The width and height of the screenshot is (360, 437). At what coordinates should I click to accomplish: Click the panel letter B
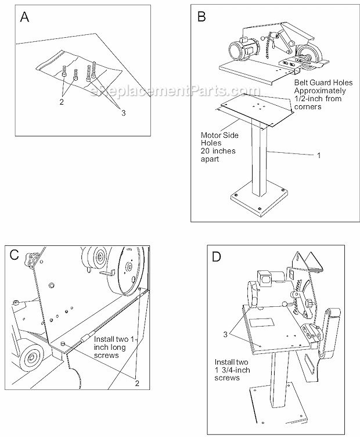[201, 17]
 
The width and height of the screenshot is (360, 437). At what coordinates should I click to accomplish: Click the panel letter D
[218, 256]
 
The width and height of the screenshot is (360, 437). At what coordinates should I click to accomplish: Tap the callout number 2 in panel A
[62, 102]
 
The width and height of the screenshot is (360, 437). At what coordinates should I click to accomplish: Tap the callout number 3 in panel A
[123, 113]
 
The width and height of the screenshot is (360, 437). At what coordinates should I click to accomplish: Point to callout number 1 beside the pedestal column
[318, 155]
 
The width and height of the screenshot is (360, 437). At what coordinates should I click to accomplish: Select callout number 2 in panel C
[137, 383]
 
